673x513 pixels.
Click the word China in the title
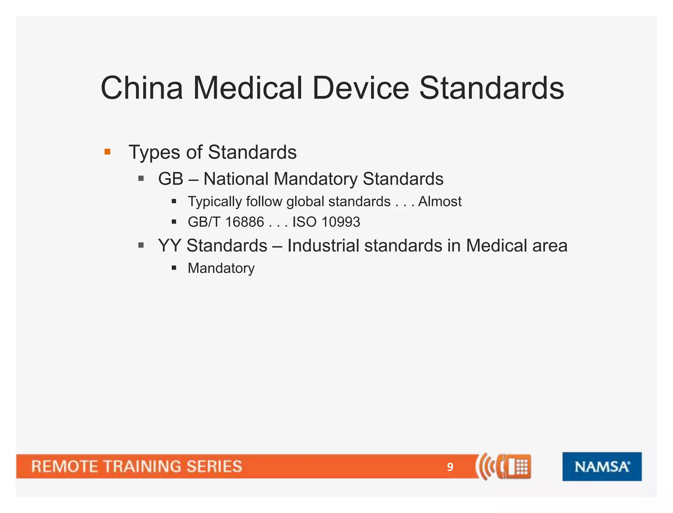click(142, 88)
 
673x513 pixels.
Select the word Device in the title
click(360, 88)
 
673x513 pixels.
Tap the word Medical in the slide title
click(247, 88)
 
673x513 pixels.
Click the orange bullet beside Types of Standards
click(107, 152)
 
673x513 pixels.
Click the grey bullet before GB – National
click(141, 179)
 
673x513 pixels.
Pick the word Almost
click(440, 201)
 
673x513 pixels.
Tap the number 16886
click(244, 222)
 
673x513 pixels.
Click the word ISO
click(304, 222)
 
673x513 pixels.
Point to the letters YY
click(170, 246)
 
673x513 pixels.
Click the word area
click(550, 246)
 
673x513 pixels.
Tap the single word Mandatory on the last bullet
click(221, 268)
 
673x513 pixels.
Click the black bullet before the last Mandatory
click(174, 268)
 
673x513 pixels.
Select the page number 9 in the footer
click(450, 467)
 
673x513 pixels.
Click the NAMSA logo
click(602, 466)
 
